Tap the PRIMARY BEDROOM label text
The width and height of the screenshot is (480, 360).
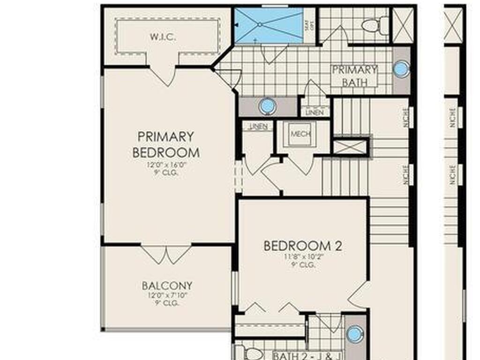click(166, 144)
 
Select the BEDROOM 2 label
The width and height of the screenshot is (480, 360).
click(302, 246)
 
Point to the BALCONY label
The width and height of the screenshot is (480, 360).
click(167, 285)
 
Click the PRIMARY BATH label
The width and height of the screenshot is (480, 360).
click(354, 76)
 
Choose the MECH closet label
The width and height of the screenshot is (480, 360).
click(300, 134)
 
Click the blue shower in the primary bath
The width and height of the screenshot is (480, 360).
click(269, 26)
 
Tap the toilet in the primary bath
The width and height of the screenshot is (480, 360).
click(375, 25)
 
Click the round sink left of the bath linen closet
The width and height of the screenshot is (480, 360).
click(267, 106)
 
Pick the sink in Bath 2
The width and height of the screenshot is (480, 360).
click(354, 334)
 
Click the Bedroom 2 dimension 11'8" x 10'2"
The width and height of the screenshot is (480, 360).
click(302, 257)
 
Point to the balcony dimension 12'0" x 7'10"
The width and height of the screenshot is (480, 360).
click(167, 295)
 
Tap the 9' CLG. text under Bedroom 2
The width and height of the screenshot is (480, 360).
click(302, 265)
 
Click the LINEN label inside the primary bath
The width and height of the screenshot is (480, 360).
click(315, 113)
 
